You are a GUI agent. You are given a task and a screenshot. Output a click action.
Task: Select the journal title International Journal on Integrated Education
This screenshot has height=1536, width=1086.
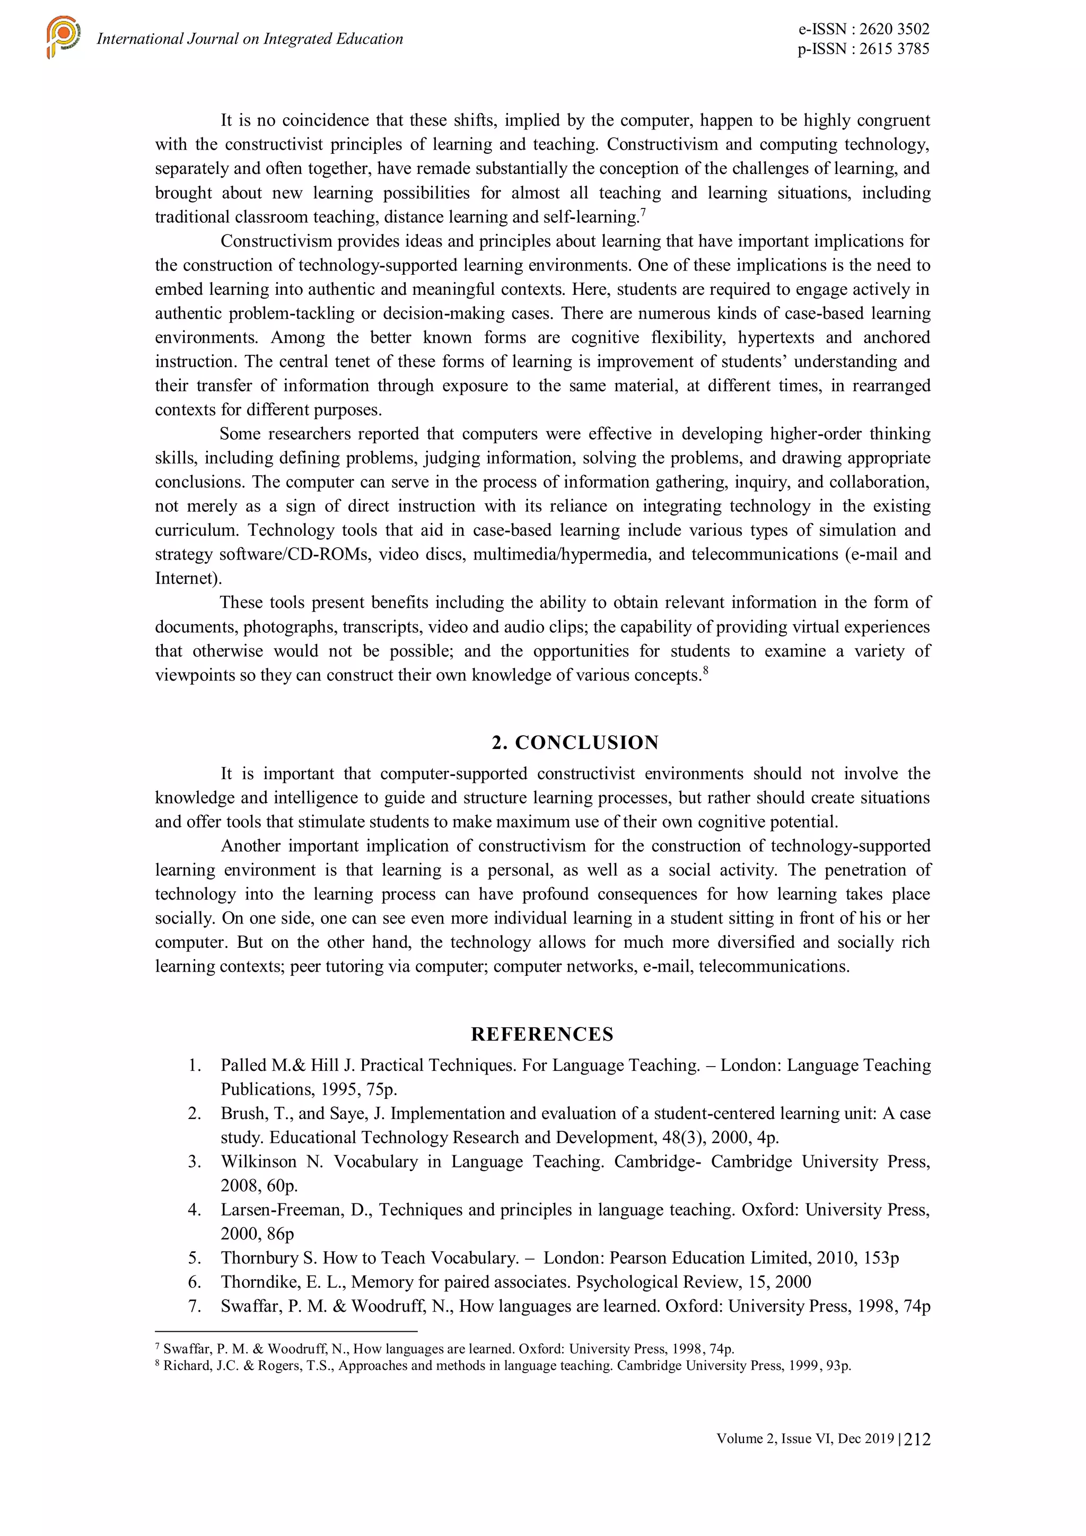[249, 39]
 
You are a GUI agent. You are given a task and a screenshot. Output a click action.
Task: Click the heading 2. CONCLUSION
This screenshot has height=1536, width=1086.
[575, 743]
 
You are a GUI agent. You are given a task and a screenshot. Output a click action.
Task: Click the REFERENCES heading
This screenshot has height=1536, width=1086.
[541, 1034]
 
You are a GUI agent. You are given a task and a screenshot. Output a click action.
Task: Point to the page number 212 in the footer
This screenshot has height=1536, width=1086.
[917, 1439]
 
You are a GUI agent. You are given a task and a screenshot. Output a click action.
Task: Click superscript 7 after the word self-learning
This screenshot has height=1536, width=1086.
[643, 213]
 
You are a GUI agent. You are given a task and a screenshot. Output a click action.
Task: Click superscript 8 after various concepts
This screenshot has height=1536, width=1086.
[705, 670]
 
